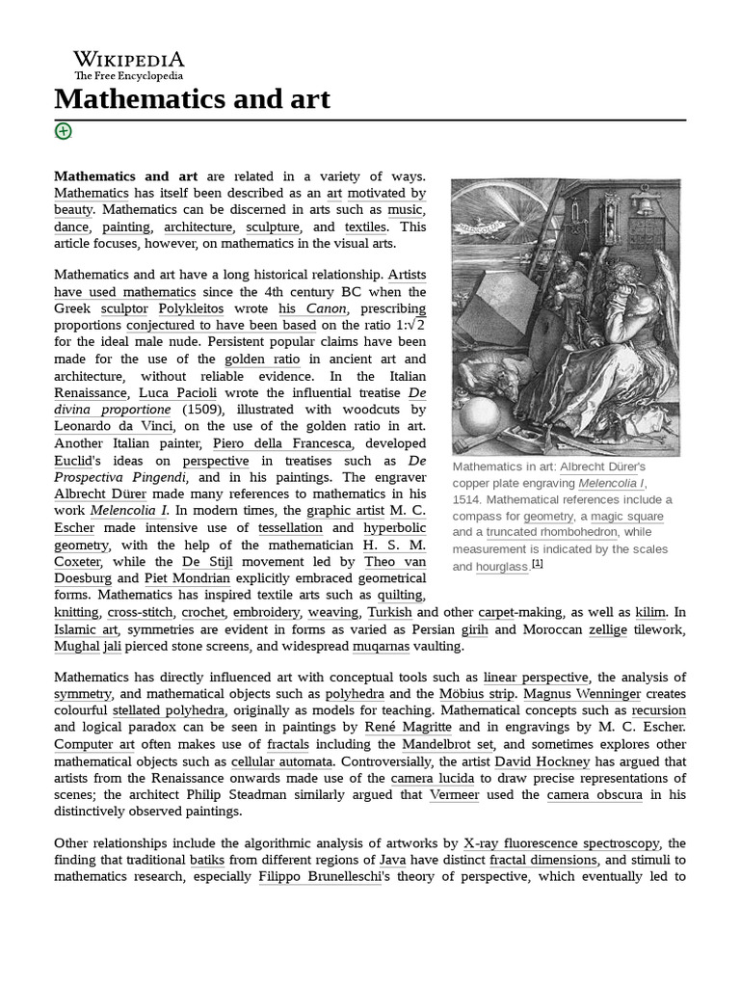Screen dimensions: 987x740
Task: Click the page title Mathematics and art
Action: [x=193, y=98]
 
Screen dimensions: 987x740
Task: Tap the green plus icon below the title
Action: [x=64, y=131]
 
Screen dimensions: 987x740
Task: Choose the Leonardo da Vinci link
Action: [x=114, y=427]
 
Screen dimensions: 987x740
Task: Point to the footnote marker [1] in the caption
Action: [x=538, y=564]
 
